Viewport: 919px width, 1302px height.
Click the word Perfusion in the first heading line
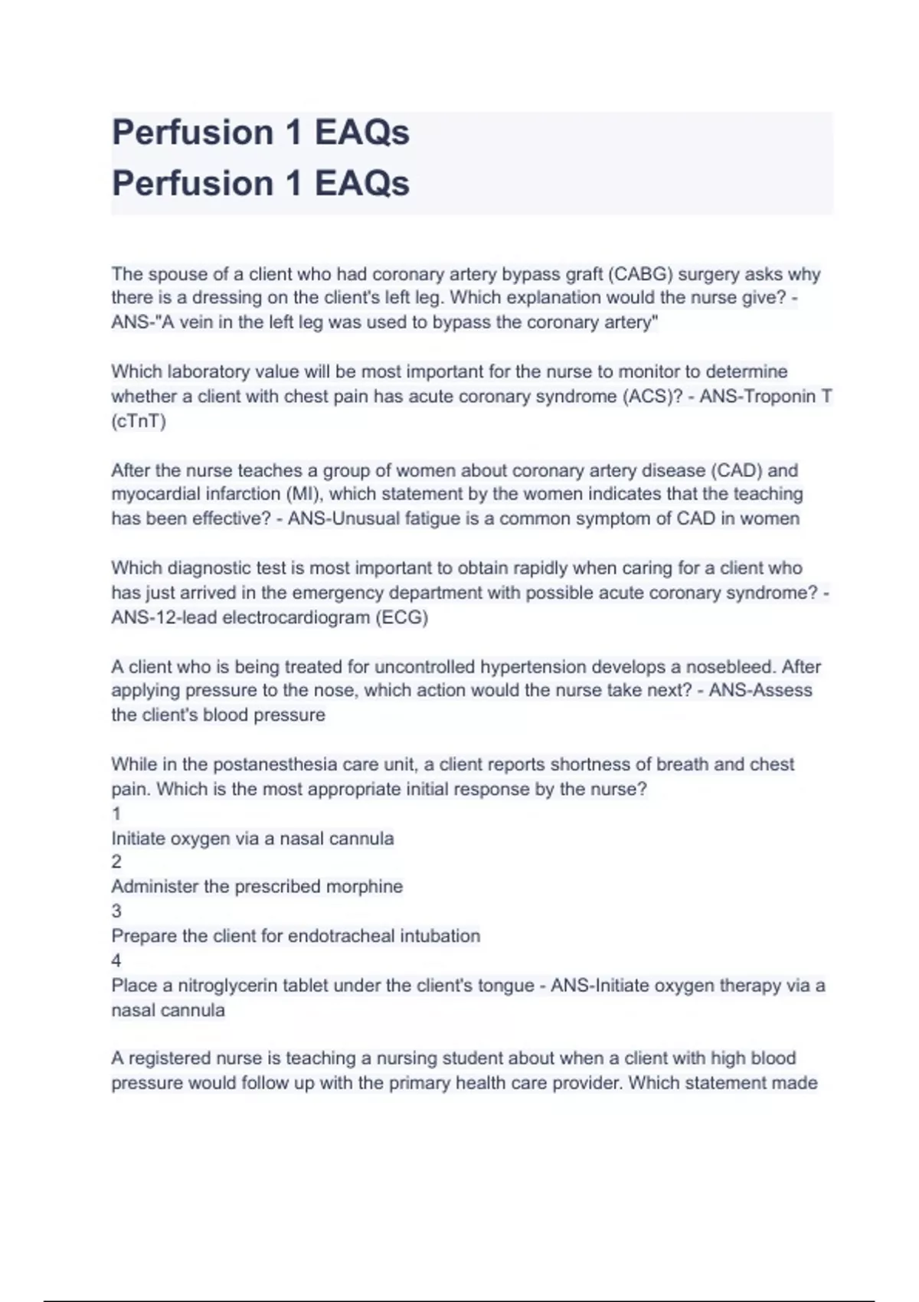[193, 132]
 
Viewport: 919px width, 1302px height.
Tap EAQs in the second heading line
[361, 184]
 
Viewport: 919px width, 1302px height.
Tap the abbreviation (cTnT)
[139, 421]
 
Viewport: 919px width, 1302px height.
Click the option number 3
[116, 911]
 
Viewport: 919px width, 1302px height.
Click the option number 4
[116, 960]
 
